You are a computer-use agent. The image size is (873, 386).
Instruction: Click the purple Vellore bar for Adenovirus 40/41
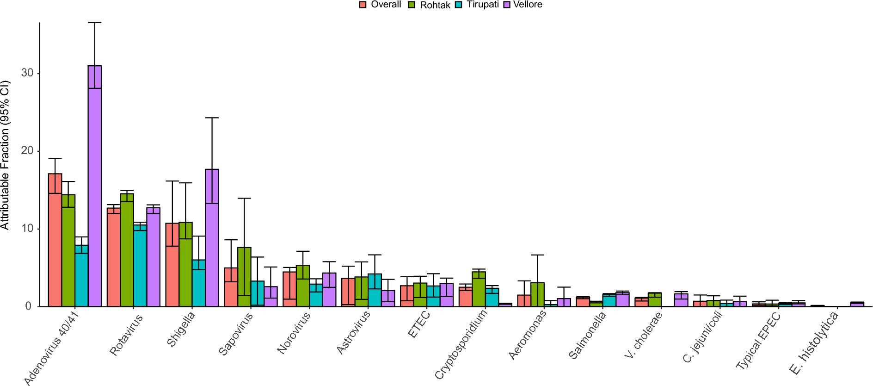(95, 185)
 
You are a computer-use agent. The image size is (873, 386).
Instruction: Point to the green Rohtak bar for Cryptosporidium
(479, 289)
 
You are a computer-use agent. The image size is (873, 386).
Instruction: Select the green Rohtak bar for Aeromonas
(537, 294)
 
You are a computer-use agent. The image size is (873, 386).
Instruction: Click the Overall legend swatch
(363, 5)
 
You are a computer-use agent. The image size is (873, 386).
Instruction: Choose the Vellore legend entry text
(527, 5)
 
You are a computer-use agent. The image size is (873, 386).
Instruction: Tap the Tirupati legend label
(482, 5)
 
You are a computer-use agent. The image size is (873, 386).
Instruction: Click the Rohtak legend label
(435, 5)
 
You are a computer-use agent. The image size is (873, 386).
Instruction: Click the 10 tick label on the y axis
(27, 229)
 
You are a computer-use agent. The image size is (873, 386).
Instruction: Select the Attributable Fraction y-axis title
(5, 155)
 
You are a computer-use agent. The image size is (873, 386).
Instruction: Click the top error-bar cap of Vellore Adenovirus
(95, 22)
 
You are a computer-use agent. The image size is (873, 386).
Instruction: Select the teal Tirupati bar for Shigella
(199, 283)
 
